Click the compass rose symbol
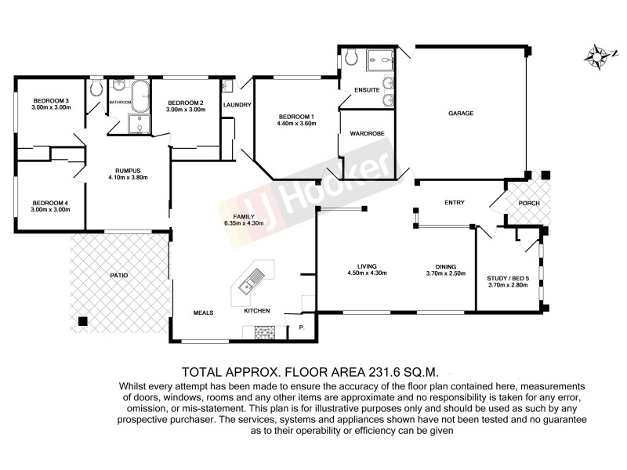[x=600, y=56]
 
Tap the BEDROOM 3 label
[x=52, y=100]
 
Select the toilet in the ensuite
[x=351, y=56]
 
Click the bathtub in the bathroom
[x=142, y=96]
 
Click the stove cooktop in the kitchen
[x=264, y=333]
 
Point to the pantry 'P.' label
[x=301, y=327]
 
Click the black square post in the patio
[x=82, y=320]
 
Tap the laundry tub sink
[x=227, y=86]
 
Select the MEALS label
[x=205, y=313]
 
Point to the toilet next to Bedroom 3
[x=96, y=88]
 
